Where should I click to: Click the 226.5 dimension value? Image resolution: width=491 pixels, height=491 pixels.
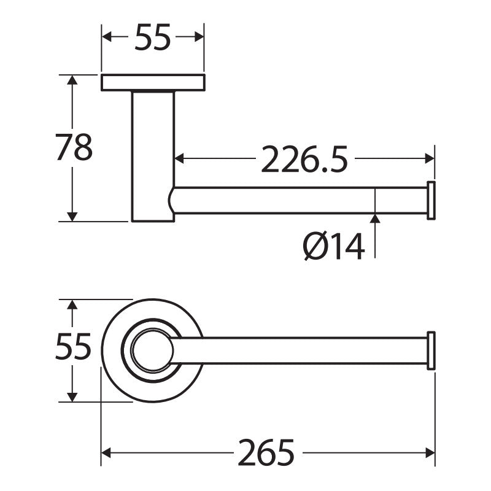pos(304,159)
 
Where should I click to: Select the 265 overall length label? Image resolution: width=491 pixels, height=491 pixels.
pos(266,452)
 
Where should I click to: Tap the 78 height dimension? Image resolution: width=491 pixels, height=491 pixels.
pos(74,147)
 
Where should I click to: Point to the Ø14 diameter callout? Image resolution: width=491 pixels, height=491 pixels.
pos(334,246)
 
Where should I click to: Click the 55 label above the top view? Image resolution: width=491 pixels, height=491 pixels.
pos(153,37)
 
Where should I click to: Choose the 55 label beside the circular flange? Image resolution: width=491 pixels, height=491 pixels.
pos(73,346)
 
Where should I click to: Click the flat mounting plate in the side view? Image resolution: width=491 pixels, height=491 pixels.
pos(153,83)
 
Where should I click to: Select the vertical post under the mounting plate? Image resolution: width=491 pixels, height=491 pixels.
pos(153,157)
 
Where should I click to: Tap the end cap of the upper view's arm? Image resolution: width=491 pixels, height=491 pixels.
pos(431,201)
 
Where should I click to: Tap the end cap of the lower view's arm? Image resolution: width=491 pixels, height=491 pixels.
pos(431,350)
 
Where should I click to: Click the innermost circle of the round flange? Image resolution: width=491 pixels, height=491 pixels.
pos(152,350)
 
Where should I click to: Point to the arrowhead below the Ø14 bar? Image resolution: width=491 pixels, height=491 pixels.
pos(375,218)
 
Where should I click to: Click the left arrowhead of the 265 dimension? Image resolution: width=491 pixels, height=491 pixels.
pos(106,453)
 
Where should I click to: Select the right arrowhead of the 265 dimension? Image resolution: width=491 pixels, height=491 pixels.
pos(430,453)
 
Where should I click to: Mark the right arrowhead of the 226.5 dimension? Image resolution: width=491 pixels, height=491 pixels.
pos(430,158)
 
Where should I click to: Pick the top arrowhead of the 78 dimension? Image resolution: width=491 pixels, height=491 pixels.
pos(72,80)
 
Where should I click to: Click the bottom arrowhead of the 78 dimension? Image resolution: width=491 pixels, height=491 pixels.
pos(72,217)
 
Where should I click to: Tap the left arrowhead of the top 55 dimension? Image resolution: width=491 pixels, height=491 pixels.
pos(107,37)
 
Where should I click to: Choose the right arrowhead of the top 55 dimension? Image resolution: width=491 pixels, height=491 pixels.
pos(199,37)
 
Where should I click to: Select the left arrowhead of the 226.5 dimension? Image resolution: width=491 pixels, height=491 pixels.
pos(179,158)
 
